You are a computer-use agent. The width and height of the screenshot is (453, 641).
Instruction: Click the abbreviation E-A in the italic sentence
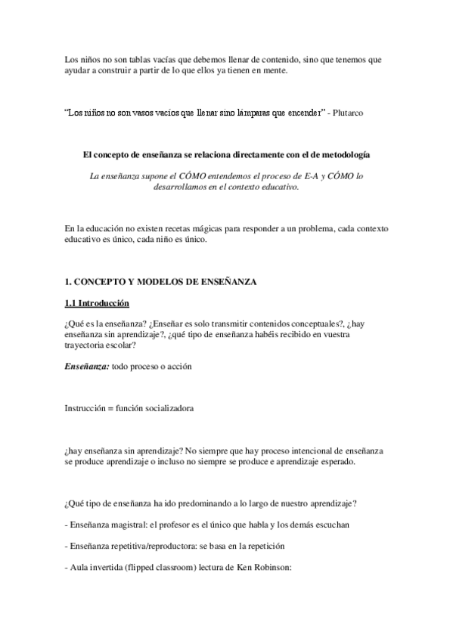[x=299, y=175]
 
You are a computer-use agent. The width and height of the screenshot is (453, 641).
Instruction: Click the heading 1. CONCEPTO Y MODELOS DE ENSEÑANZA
[x=161, y=282]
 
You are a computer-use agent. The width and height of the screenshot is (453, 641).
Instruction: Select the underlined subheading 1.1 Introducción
[x=97, y=304]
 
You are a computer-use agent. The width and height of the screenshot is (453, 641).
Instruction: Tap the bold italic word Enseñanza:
[x=86, y=366]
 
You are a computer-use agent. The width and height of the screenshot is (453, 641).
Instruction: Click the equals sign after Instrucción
[x=110, y=408]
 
